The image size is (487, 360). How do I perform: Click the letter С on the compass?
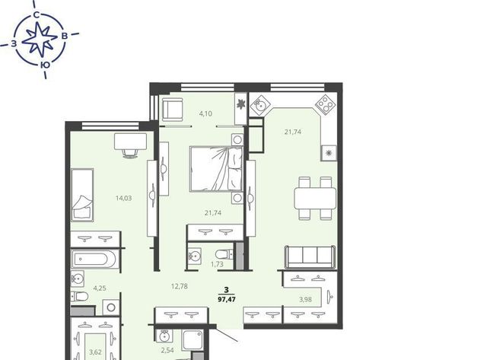(37, 15)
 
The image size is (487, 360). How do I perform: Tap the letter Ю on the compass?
(45, 65)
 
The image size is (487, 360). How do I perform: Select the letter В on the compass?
(64, 36)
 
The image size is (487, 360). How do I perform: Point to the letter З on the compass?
(14, 44)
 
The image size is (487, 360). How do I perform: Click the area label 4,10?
(205, 113)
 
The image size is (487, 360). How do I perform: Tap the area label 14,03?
(123, 198)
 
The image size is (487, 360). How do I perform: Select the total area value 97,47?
(227, 299)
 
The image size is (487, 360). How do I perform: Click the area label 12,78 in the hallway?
(180, 286)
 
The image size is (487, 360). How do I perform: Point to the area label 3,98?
(305, 299)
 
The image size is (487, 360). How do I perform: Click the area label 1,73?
(217, 264)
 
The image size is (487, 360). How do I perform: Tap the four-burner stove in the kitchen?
(326, 104)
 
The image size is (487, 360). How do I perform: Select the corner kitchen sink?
(259, 104)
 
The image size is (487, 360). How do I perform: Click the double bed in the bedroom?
(216, 169)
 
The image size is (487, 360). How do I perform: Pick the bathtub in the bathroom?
(94, 259)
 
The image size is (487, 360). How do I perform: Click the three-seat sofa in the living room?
(310, 256)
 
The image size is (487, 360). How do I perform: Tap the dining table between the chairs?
(315, 198)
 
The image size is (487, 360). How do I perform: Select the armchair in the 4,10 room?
(173, 110)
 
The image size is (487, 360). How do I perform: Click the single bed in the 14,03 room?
(82, 195)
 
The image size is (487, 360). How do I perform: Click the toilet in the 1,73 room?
(224, 255)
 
